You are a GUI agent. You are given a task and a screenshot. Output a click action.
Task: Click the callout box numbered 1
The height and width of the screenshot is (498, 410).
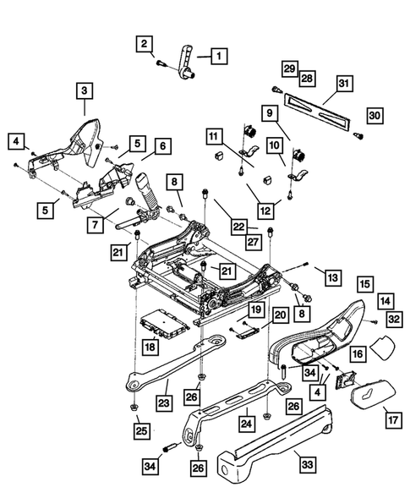point(217,57)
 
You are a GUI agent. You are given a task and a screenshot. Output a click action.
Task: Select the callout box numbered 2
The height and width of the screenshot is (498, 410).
point(145,43)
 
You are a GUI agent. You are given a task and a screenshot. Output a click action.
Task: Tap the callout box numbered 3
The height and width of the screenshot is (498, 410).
point(85,90)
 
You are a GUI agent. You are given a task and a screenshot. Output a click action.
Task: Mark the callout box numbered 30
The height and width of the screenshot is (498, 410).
point(376,115)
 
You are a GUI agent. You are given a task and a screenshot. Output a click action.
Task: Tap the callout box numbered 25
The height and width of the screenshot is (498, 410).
point(139,431)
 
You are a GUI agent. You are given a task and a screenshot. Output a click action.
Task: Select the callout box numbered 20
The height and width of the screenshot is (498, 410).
point(280,315)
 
